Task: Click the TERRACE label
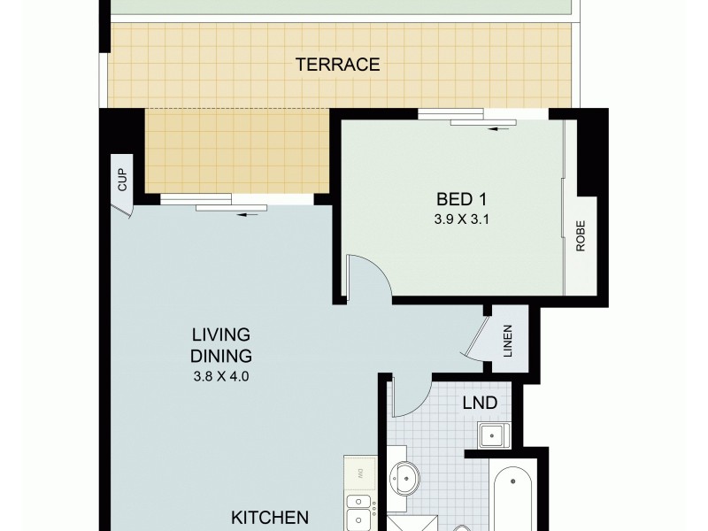(x=337, y=64)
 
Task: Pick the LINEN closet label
(x=508, y=341)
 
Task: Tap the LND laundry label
(x=480, y=404)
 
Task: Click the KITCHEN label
(x=270, y=517)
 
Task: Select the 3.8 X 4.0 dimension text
(x=222, y=375)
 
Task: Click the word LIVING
(x=222, y=335)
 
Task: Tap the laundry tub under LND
(x=491, y=435)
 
